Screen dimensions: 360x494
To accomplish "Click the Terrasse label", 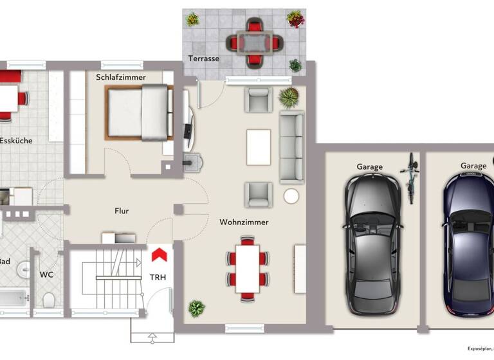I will tap(204, 59).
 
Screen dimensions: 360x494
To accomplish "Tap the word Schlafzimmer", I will tap(121, 77).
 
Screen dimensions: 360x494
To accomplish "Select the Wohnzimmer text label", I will tap(244, 222).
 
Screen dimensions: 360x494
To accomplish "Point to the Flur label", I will tap(122, 210).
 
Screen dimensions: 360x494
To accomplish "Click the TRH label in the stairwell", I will tap(158, 278).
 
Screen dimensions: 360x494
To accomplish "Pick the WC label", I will tap(47, 274).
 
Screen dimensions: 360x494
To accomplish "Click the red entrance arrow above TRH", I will tap(159, 255).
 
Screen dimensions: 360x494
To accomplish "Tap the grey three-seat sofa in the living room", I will tap(291, 145).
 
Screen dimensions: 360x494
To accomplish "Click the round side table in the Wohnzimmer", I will tap(291, 196).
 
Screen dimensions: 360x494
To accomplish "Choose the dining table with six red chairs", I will tap(247, 269).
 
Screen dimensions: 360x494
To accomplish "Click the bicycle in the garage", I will tap(410, 178).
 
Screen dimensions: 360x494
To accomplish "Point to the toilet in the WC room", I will tap(48, 300).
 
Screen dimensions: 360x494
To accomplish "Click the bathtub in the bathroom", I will tap(13, 298).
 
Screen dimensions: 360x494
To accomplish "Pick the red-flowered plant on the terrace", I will tap(295, 19).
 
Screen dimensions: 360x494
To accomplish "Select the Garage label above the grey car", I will tap(369, 166).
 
